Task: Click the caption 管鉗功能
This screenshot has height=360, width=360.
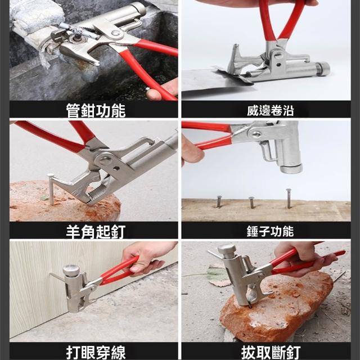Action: [x=96, y=110]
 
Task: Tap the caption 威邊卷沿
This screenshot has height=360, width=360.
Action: [x=270, y=110]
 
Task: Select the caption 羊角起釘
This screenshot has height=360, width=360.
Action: [x=96, y=232]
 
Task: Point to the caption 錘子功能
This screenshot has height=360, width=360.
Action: [x=270, y=231]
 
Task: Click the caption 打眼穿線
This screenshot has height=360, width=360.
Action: [x=96, y=353]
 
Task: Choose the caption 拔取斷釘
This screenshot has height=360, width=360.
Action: [x=271, y=353]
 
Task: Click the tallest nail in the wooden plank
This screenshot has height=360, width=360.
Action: [x=289, y=199]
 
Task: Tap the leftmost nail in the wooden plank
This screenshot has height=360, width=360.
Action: [x=219, y=201]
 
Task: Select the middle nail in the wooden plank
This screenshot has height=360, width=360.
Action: [x=252, y=202]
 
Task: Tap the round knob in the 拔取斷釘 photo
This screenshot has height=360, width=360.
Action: [x=227, y=249]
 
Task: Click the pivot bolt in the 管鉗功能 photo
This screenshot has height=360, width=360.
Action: [x=115, y=33]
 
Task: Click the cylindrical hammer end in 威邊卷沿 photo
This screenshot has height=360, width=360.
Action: [x=322, y=69]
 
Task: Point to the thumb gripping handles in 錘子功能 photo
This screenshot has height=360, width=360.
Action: [x=192, y=154]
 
